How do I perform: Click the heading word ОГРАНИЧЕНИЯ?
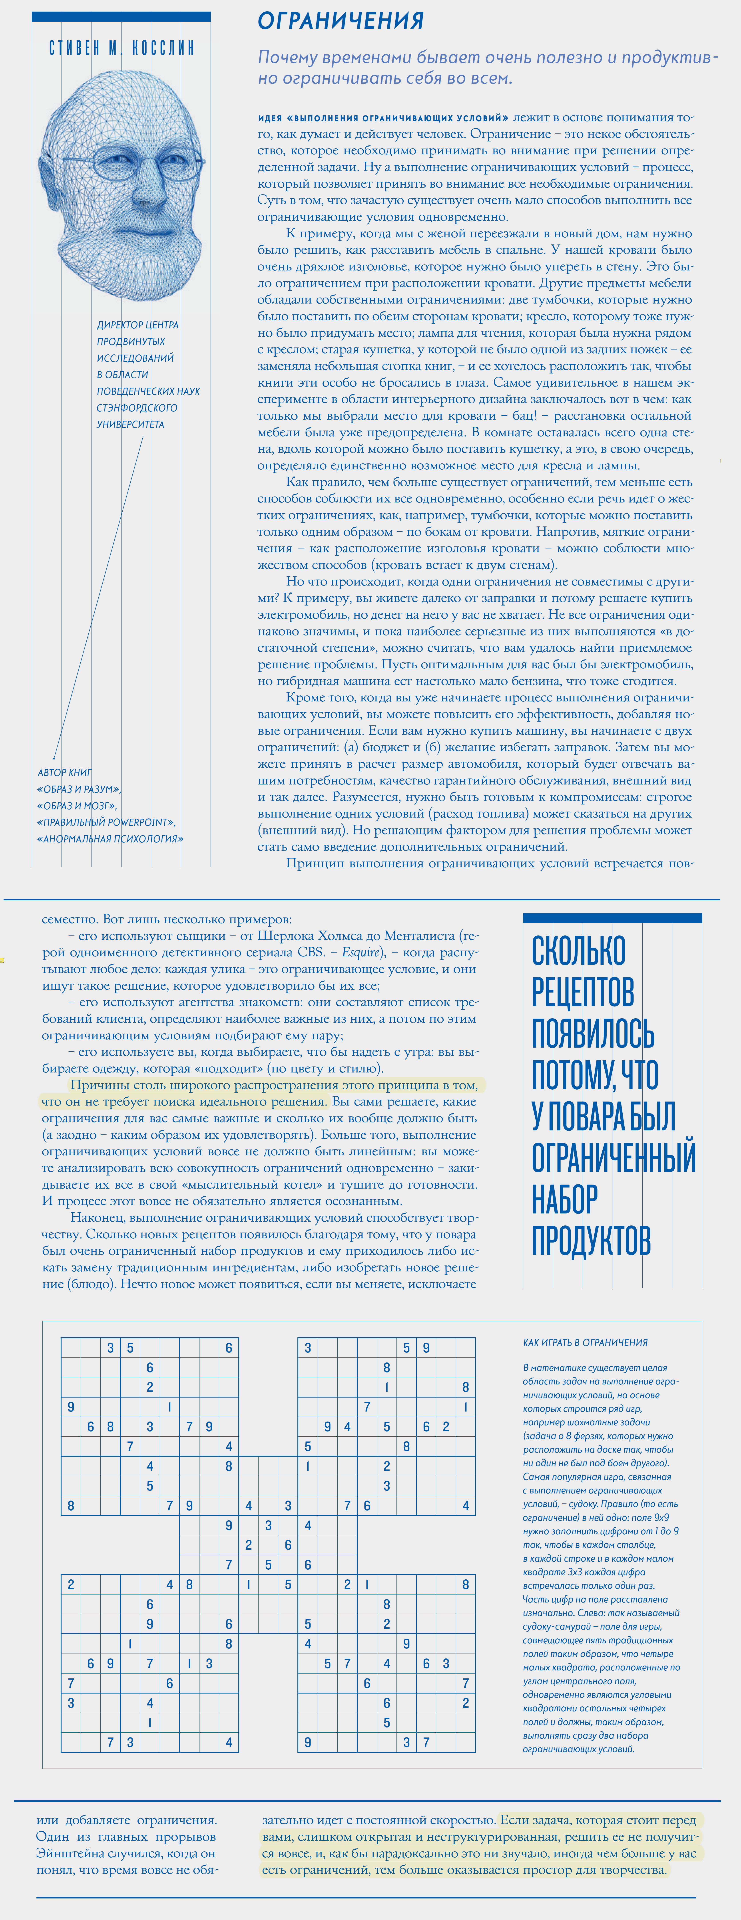pos(341,21)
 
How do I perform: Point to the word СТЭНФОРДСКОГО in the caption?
pos(137,408)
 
